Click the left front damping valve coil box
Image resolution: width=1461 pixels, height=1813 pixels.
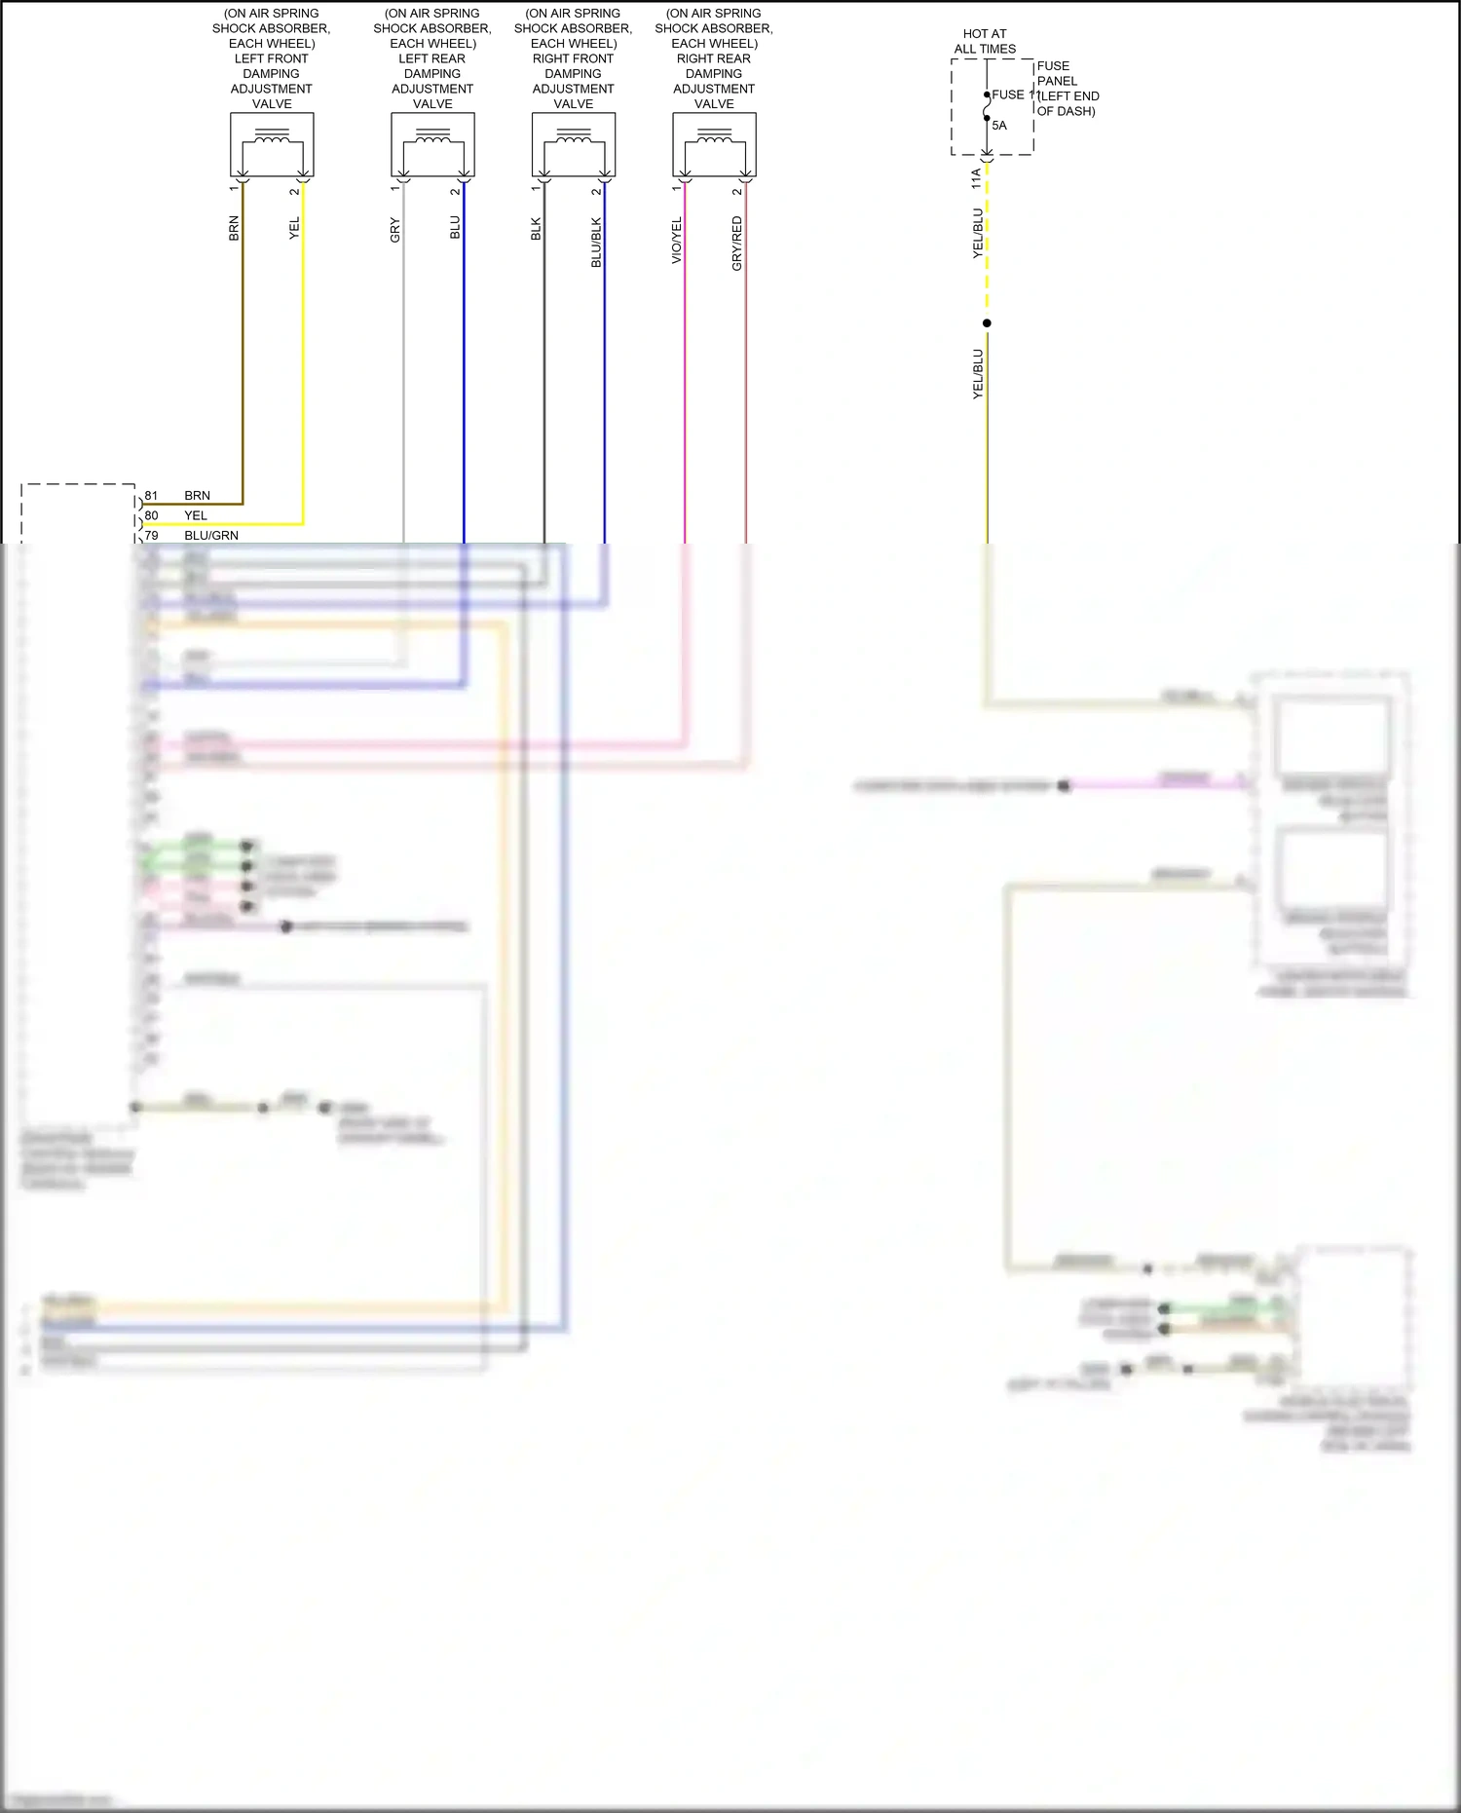point(272,144)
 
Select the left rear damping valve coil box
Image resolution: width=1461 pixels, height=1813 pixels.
point(432,144)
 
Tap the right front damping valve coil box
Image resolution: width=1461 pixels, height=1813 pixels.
point(573,144)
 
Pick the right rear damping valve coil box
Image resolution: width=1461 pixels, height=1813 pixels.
point(714,144)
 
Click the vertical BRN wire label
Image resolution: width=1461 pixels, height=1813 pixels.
point(234,229)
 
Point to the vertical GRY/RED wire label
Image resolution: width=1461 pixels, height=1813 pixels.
point(737,244)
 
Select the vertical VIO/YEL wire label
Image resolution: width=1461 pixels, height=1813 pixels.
point(677,240)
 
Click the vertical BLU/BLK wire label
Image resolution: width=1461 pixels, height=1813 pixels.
point(596,243)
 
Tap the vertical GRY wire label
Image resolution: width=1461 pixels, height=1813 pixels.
point(394,230)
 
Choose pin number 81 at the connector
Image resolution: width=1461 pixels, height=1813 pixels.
point(151,496)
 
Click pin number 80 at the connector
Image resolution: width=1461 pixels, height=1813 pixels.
point(151,515)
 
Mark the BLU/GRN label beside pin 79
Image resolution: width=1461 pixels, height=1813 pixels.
point(211,536)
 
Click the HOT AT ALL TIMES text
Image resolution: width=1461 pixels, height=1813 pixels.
point(985,41)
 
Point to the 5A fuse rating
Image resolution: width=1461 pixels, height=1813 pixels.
point(999,126)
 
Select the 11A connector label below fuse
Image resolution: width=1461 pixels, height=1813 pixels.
point(976,178)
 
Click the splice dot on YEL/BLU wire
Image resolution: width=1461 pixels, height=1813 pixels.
point(987,323)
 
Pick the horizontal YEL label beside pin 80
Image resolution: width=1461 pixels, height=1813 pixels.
point(196,516)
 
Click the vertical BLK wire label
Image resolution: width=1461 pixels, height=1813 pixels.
point(536,230)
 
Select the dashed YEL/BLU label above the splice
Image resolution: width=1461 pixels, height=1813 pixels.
point(978,233)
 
